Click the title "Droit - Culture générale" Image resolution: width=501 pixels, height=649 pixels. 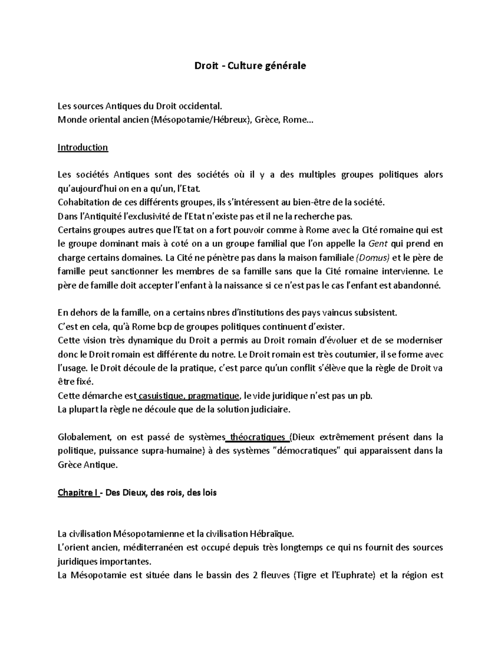(x=250, y=66)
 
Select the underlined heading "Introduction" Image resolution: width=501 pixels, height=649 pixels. (x=83, y=148)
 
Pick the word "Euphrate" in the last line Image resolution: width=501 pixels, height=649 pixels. (x=355, y=575)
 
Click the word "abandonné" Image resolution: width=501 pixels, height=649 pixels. (x=418, y=285)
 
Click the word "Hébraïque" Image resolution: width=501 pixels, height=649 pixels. (x=272, y=534)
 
